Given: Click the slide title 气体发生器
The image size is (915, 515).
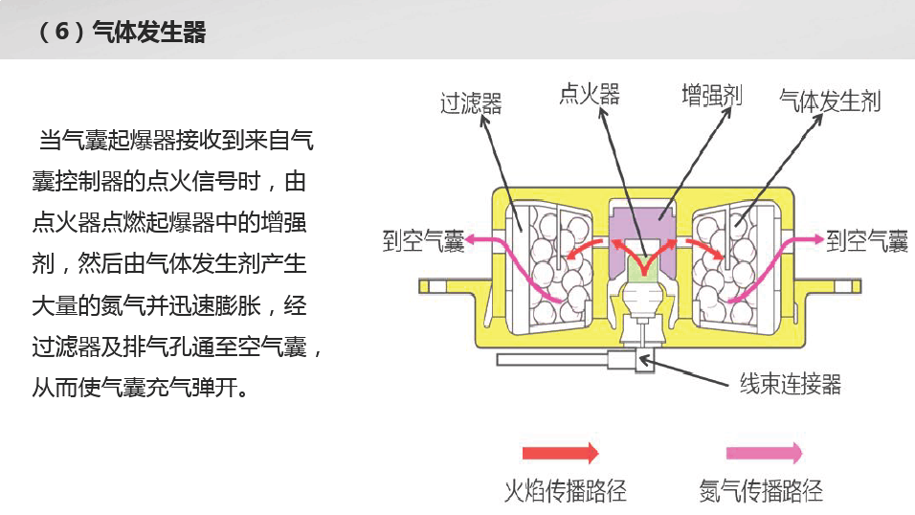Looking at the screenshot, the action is pyautogui.click(x=149, y=32).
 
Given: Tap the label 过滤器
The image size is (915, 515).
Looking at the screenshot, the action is pyautogui.click(x=471, y=103).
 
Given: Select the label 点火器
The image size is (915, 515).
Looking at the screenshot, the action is pyautogui.click(x=590, y=94).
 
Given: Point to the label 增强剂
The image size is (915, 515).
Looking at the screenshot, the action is pyautogui.click(x=712, y=96).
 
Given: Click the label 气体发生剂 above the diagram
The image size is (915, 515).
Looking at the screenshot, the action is pyautogui.click(x=830, y=101).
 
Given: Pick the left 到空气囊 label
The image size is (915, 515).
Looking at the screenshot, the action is pyautogui.click(x=423, y=240).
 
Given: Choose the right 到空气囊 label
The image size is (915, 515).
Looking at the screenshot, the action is pyautogui.click(x=867, y=240).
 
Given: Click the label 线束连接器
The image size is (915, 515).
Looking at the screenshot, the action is pyautogui.click(x=791, y=384).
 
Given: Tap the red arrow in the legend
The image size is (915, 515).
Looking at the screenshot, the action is pyautogui.click(x=560, y=453).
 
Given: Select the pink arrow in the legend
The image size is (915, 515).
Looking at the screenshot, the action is pyautogui.click(x=764, y=453).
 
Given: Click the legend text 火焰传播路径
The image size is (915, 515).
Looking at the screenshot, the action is pyautogui.click(x=565, y=491).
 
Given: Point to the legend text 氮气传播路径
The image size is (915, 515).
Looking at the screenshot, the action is pyautogui.click(x=762, y=491).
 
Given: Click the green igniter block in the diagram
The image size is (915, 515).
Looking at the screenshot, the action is pyautogui.click(x=643, y=268).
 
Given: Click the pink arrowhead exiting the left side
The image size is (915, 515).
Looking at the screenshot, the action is pyautogui.click(x=471, y=239).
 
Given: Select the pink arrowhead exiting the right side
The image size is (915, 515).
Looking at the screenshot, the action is pyautogui.click(x=816, y=239).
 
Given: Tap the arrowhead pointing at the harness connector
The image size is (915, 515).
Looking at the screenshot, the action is pyautogui.click(x=644, y=361).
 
